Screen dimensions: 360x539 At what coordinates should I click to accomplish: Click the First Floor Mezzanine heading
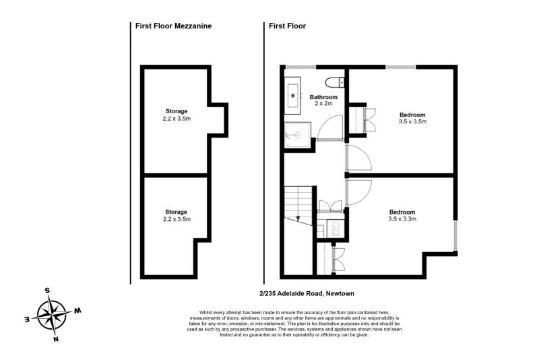[174, 26]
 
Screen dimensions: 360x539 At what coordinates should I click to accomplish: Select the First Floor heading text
[287, 26]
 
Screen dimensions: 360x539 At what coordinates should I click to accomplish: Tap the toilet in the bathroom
[334, 84]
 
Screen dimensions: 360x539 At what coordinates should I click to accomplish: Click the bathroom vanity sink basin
[294, 95]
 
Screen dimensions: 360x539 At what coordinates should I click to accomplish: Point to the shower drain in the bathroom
[294, 135]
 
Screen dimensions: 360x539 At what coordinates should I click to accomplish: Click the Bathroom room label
[323, 97]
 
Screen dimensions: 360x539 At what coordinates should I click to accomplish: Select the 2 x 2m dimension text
[323, 104]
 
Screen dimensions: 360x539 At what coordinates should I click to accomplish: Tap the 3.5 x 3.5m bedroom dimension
[412, 123]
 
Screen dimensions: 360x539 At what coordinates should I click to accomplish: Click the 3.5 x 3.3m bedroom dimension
[402, 218]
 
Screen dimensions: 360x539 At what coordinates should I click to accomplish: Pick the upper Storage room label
[177, 111]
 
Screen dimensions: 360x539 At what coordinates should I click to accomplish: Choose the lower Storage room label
[177, 212]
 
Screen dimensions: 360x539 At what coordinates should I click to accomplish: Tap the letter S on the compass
[47, 290]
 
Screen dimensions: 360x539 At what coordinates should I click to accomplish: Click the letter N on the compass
[57, 338]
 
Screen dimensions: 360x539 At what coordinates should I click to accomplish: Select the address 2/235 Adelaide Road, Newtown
[307, 293]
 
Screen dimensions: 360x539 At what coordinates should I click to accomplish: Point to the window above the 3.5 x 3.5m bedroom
[401, 66]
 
